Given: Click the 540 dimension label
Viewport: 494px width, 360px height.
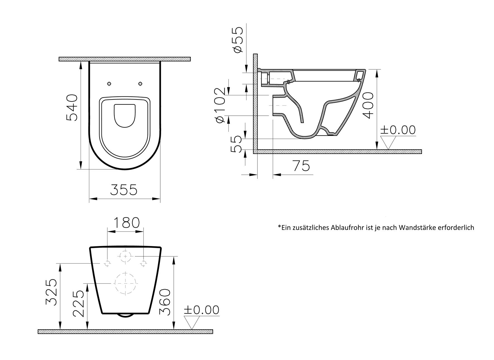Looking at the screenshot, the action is point(72,108).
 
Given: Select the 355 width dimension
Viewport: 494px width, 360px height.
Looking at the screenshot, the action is point(124,190).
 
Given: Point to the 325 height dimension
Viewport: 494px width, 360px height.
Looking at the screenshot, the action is point(52,292).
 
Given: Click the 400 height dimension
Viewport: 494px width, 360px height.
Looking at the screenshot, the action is point(368,106).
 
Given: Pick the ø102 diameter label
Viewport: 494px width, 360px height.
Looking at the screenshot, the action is point(219,105).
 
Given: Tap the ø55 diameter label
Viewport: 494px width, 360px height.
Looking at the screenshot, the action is point(237,40).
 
